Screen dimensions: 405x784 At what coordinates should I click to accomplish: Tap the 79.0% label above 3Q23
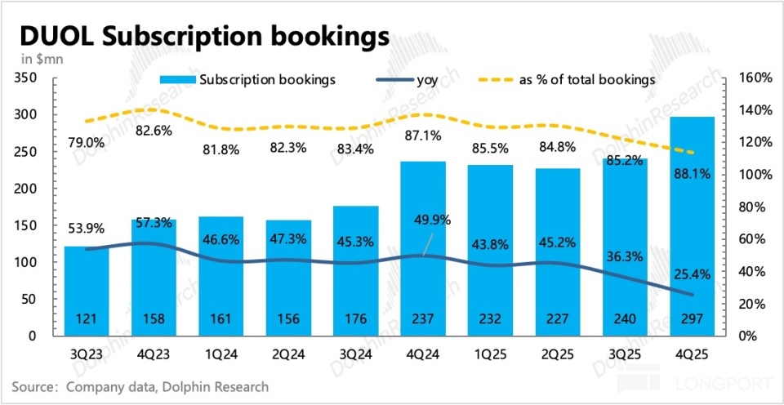click(x=86, y=143)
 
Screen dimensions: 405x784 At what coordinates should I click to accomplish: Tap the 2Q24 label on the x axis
click(x=287, y=356)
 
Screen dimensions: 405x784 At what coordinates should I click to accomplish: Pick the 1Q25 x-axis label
click(x=489, y=356)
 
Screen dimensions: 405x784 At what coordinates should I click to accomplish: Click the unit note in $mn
click(x=37, y=58)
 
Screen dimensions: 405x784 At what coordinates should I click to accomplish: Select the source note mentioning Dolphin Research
click(x=140, y=386)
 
